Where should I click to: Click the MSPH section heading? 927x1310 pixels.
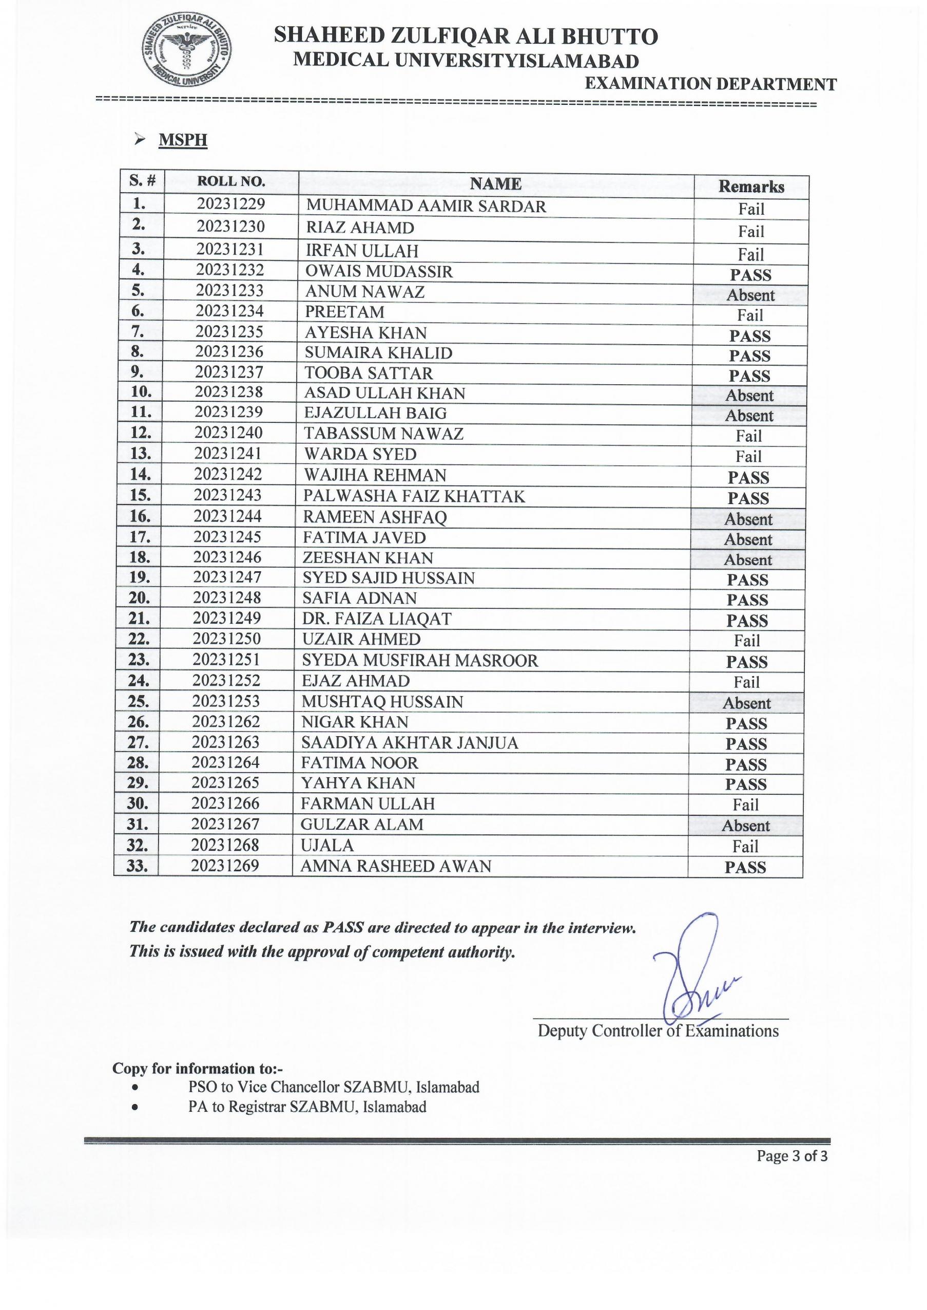[x=183, y=140]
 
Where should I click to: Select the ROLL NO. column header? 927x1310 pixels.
[x=231, y=182]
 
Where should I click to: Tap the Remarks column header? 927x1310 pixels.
[x=750, y=187]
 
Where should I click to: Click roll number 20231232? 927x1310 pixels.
[x=230, y=270]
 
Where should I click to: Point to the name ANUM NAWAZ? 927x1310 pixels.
[x=365, y=292]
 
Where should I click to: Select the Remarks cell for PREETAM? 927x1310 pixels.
[x=749, y=315]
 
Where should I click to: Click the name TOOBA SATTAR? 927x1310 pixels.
[x=368, y=373]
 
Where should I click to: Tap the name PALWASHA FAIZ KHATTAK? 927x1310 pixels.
[x=414, y=496]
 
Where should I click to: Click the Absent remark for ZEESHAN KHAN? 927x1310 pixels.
[x=748, y=560]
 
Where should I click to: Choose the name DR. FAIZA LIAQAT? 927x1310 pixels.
[x=377, y=619]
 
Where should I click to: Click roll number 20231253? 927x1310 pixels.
[x=226, y=701]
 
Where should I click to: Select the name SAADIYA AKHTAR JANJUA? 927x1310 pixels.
[x=410, y=743]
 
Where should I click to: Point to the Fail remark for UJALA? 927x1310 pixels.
[x=745, y=846]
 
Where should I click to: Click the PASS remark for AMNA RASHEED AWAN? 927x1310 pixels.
[x=745, y=867]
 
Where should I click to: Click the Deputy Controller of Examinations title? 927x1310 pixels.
[x=658, y=1031]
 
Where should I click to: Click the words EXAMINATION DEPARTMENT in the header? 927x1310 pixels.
[x=711, y=84]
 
